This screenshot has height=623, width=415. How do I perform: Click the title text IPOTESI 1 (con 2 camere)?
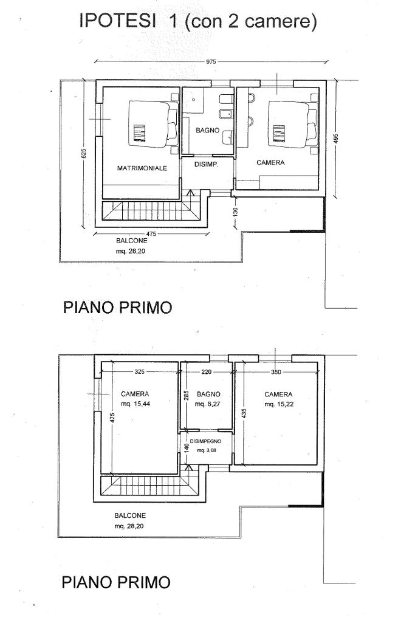click(x=197, y=23)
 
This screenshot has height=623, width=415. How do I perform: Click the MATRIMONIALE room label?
click(x=142, y=168)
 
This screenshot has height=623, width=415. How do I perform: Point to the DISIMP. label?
click(x=205, y=164)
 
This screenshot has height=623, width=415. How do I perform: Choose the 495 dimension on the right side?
click(x=335, y=139)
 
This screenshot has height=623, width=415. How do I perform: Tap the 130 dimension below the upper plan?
click(x=236, y=212)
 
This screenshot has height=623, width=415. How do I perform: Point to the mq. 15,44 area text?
click(x=135, y=404)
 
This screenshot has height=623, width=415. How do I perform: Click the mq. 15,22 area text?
click(x=279, y=404)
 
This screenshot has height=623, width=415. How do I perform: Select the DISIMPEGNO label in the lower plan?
click(x=207, y=441)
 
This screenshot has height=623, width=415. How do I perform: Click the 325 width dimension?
click(x=139, y=372)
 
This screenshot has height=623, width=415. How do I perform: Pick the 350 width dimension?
click(x=276, y=372)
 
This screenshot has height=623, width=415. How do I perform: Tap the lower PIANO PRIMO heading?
click(x=116, y=582)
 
